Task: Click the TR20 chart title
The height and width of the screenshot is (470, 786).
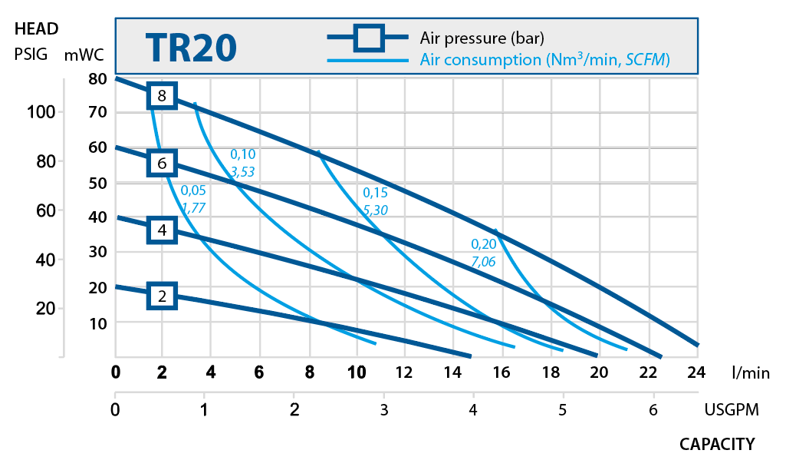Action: (x=190, y=48)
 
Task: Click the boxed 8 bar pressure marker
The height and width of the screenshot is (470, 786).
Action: (x=162, y=96)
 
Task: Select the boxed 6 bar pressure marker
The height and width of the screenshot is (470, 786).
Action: (x=162, y=163)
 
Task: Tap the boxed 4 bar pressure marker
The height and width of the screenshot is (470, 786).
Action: (x=162, y=230)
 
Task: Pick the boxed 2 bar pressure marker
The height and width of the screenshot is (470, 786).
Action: (x=162, y=296)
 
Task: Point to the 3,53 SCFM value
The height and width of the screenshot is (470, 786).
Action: (x=242, y=171)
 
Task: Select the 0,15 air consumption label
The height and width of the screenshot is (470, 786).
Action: (x=375, y=192)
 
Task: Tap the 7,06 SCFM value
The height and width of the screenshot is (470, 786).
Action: (x=483, y=262)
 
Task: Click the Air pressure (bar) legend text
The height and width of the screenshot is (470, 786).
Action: (x=482, y=38)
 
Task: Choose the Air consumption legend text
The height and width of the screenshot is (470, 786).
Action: (x=545, y=59)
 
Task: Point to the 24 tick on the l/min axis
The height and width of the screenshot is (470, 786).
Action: (x=697, y=373)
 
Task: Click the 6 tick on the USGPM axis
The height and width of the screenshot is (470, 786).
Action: (x=653, y=409)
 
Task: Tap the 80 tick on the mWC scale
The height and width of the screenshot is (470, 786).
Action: (x=97, y=78)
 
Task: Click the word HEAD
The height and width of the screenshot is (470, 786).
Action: (x=36, y=30)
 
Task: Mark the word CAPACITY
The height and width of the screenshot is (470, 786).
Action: (x=717, y=444)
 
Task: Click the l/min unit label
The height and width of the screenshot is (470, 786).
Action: (x=750, y=373)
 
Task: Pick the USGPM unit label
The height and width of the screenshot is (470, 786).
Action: (x=732, y=409)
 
